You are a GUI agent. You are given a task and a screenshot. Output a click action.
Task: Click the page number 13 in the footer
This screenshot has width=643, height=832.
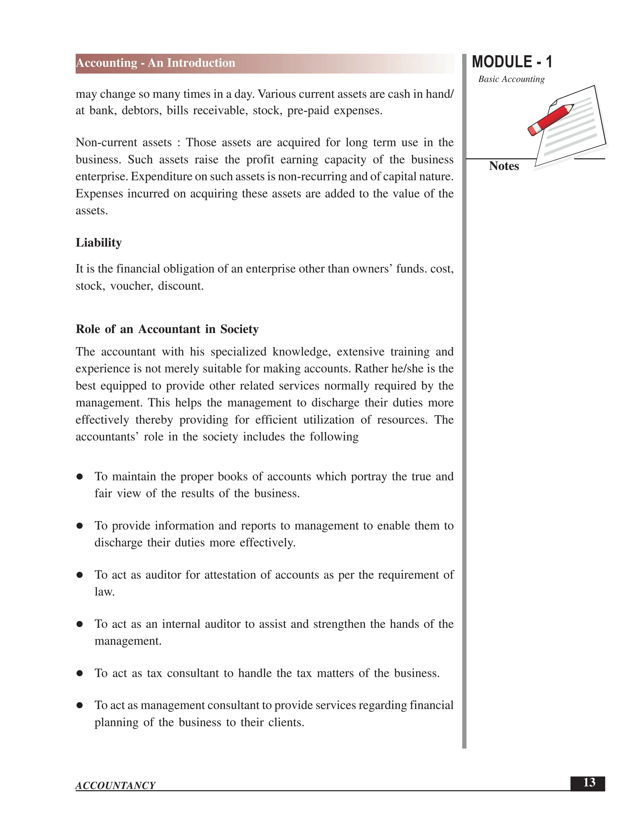[589, 782]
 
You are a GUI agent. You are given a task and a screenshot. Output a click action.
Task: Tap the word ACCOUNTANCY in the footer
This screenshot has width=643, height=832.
[116, 786]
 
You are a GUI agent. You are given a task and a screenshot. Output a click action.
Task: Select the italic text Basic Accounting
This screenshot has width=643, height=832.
[511, 79]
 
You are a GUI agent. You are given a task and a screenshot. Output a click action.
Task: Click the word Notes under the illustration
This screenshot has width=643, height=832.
[504, 166]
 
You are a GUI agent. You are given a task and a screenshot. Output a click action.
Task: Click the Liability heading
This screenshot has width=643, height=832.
[99, 243]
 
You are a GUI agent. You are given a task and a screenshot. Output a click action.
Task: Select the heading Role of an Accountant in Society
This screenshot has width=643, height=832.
[167, 329]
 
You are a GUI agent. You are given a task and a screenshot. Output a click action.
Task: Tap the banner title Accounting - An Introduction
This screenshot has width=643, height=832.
[155, 63]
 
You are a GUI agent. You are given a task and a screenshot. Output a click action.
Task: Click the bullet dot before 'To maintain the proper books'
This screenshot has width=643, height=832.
[80, 477]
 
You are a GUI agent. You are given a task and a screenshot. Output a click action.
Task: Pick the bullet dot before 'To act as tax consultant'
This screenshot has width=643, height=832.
[80, 673]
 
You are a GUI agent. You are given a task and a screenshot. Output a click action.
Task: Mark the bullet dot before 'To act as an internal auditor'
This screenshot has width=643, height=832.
[80, 624]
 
